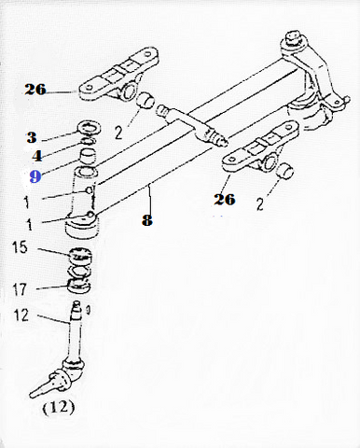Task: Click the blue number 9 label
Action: point(35,176)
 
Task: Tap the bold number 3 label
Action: point(32,137)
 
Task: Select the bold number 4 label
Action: point(37,156)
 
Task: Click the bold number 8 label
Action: point(147,220)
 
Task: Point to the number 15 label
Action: point(20,247)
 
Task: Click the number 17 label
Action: point(20,289)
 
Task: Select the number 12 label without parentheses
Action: point(21,315)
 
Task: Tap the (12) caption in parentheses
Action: point(59,408)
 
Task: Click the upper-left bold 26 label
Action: point(35,90)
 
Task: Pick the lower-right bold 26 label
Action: point(224,199)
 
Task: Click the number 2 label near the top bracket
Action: point(118,133)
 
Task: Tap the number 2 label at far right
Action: point(260,204)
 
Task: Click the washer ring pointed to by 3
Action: point(89,128)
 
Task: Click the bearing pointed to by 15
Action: point(81,254)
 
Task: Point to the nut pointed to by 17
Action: point(79,287)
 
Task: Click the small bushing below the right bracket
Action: point(285,172)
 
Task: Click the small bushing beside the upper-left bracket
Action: point(145,100)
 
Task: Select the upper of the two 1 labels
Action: point(27,203)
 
